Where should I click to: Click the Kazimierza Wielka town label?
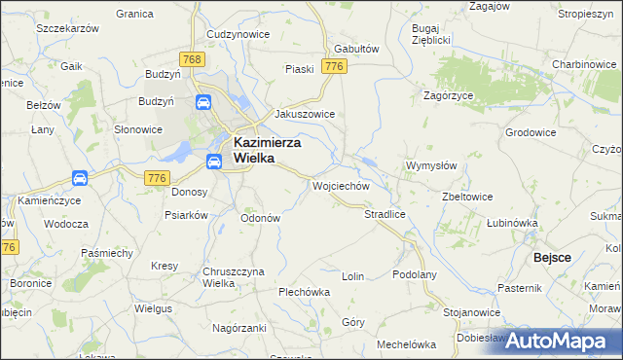268,150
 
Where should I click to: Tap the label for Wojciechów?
341,185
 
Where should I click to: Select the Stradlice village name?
385,213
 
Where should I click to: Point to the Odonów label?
260,218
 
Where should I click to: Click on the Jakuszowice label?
305,114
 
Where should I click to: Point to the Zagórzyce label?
448,95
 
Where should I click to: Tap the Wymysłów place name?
431,165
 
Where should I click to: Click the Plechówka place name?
305,291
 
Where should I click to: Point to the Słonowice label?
138,129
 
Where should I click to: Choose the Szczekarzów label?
68,29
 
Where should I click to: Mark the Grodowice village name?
531,131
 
